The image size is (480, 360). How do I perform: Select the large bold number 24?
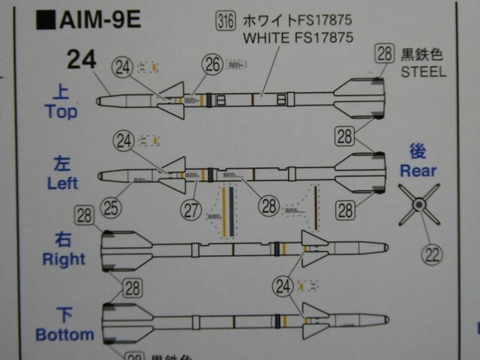click(82, 58)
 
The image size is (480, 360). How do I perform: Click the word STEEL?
click(423, 73)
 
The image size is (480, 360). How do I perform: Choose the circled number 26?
click(214, 65)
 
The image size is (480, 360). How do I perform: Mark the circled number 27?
click(191, 209)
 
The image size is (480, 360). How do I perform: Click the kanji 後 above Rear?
click(418, 150)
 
